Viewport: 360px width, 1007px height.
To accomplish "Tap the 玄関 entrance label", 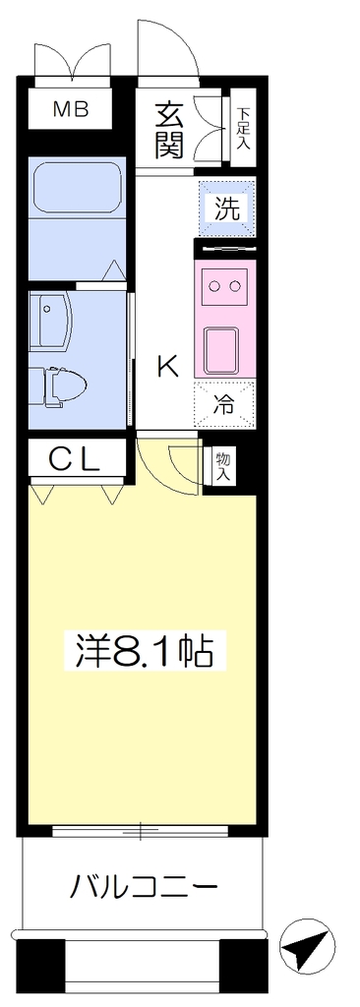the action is tap(169, 131).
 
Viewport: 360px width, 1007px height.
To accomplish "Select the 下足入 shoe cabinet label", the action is tap(243, 129).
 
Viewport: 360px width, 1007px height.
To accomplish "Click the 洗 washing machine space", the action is tap(226, 208).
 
